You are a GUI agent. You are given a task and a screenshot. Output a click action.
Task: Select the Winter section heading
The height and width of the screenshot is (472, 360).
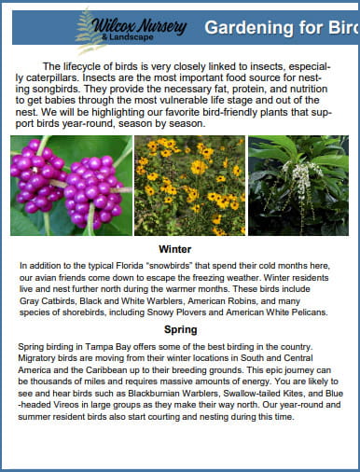coord(174,250)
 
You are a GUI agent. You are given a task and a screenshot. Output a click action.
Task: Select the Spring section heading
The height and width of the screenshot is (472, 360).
coord(180,330)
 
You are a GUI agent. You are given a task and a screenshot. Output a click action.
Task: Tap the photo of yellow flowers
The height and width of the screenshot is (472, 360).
coord(189,186)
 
